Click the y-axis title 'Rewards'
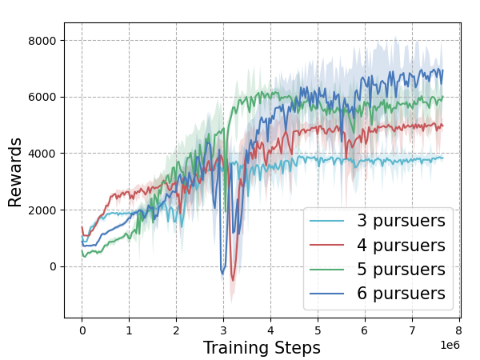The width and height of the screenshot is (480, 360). [16, 172]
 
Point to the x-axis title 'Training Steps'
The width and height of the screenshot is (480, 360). [262, 348]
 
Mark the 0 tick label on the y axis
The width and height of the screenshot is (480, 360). [52, 266]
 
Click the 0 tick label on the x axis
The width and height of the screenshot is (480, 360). [82, 329]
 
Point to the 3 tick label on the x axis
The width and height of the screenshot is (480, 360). [223, 329]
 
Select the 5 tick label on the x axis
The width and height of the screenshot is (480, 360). [318, 329]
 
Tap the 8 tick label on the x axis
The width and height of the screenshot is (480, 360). [459, 329]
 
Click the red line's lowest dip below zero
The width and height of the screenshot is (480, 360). [233, 281]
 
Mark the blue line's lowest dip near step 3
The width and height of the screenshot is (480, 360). [222, 274]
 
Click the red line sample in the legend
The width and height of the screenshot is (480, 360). [328, 245]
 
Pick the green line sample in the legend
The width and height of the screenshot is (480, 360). [328, 270]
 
